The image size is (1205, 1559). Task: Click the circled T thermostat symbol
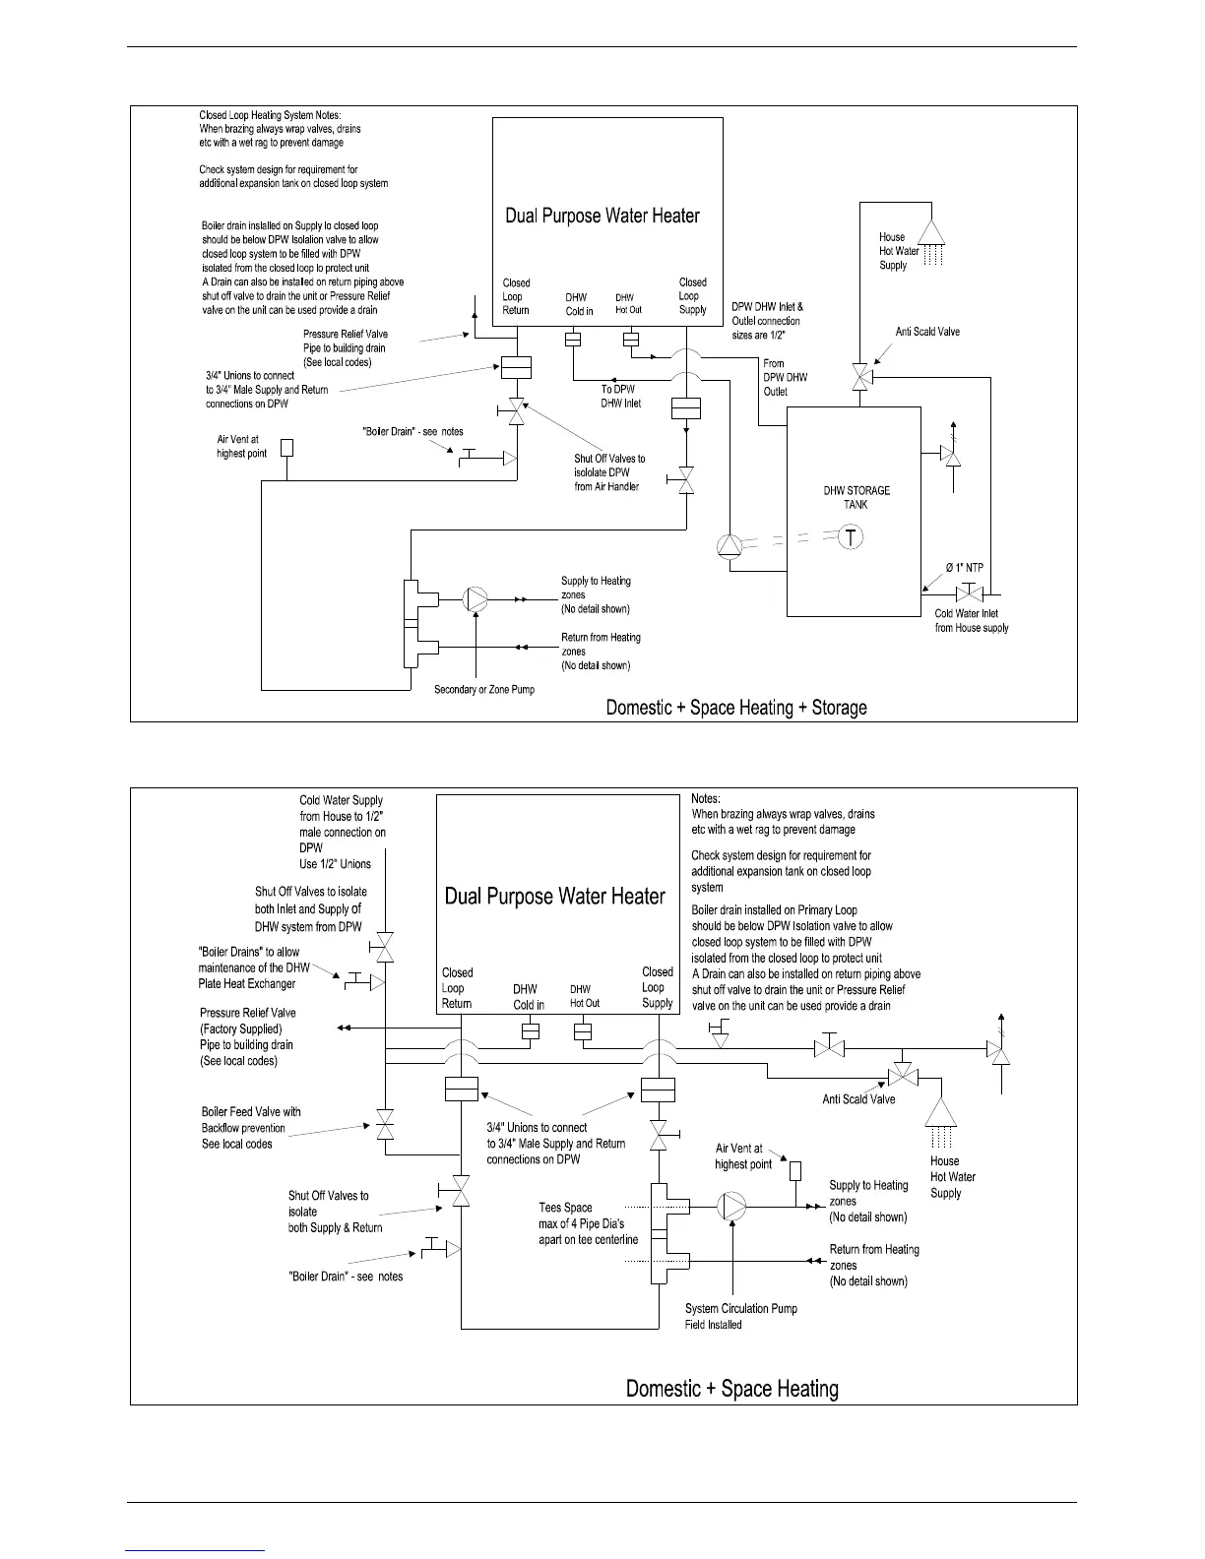click(852, 538)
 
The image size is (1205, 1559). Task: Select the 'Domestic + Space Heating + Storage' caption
click(736, 707)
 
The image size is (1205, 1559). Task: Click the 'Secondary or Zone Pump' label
click(484, 689)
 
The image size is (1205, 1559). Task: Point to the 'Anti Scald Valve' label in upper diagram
click(927, 332)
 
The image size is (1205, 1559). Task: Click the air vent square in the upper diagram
click(287, 447)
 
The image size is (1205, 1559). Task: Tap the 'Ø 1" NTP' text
click(965, 567)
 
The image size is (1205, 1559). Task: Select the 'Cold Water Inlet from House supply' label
click(972, 620)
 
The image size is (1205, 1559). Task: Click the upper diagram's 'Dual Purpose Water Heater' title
click(602, 216)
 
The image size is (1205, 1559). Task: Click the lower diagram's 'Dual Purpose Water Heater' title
click(555, 897)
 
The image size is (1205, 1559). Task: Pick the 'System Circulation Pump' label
click(741, 1308)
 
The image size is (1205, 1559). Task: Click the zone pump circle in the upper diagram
click(476, 598)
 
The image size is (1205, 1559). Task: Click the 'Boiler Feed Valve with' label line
click(251, 1112)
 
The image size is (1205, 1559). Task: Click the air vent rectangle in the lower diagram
click(795, 1171)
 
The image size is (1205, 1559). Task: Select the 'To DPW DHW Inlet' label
click(621, 396)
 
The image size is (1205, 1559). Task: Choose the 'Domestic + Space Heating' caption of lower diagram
click(732, 1389)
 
